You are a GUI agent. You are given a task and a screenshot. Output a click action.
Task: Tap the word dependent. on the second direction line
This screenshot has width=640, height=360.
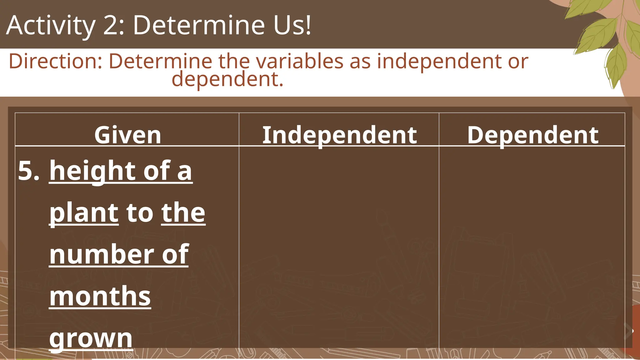pyautogui.click(x=227, y=79)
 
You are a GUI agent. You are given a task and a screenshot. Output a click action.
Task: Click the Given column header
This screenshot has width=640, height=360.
pyautogui.click(x=127, y=135)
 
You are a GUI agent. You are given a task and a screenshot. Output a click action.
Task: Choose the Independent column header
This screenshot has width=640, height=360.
pyautogui.click(x=339, y=135)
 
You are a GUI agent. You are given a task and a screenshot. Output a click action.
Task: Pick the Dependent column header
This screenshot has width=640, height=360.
pyautogui.click(x=533, y=135)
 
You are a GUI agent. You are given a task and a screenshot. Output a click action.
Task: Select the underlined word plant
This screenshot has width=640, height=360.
pyautogui.click(x=84, y=213)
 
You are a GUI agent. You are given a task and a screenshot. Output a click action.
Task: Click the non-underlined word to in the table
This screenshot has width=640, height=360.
pyautogui.click(x=140, y=213)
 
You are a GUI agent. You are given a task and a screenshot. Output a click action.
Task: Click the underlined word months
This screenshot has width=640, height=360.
pyautogui.click(x=100, y=296)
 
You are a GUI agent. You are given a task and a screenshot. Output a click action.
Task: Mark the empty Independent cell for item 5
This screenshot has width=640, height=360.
pyautogui.click(x=339, y=247)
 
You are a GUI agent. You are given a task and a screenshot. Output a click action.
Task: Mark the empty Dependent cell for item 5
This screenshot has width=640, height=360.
pyautogui.click(x=532, y=247)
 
